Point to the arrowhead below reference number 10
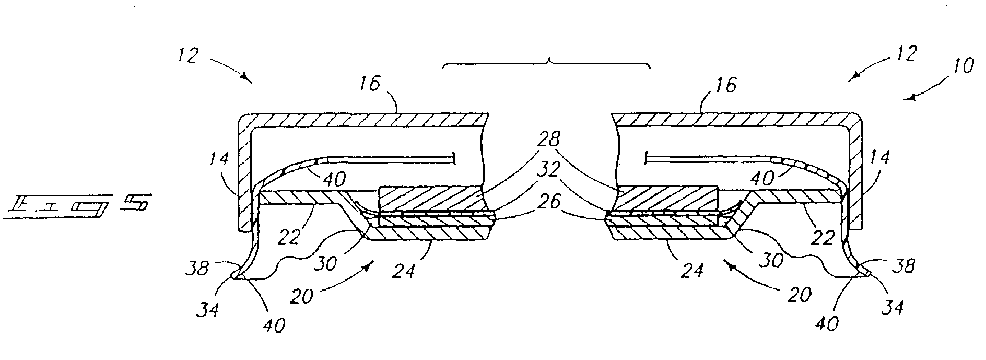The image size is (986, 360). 910,97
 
